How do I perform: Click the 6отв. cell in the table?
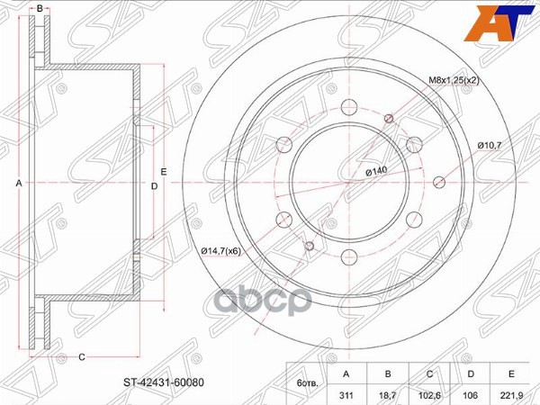[x=305, y=382]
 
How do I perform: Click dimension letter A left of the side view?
[x=19, y=183]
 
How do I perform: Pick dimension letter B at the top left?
[x=40, y=8]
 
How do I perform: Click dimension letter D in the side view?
[x=155, y=186]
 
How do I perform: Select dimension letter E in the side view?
[x=165, y=171]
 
